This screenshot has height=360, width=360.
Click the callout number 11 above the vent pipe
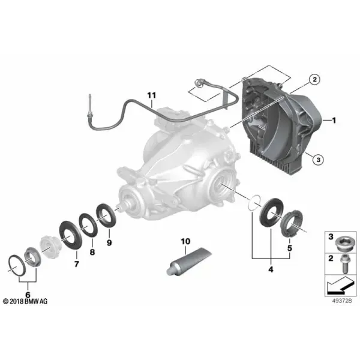point(151,95)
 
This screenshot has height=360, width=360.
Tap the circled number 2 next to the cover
point(314,79)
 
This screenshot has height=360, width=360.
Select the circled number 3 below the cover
point(318,160)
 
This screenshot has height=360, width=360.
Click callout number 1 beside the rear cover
point(334,120)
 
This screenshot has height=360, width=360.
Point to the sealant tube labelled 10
point(189,261)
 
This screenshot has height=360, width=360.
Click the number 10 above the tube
point(185,241)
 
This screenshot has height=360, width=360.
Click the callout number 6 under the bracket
point(28,295)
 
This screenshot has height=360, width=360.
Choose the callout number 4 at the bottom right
point(271,269)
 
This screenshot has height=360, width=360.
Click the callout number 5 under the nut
point(290,248)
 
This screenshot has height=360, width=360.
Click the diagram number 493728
point(342,301)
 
